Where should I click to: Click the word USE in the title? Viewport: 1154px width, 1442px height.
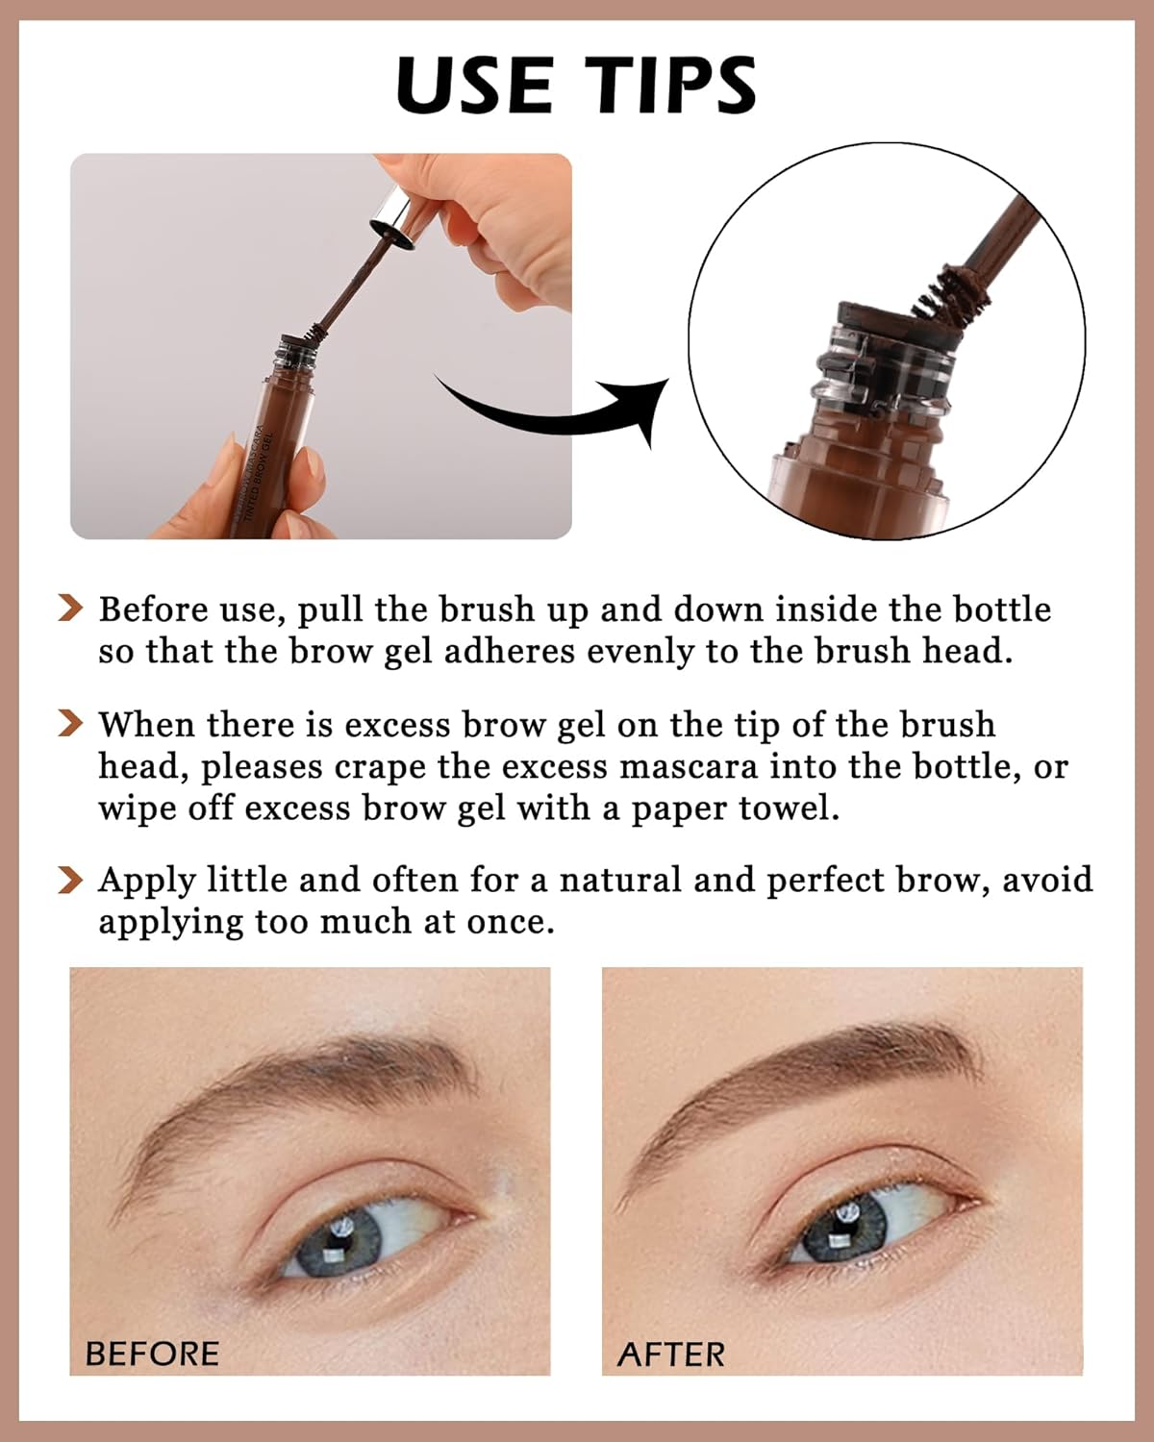tap(474, 85)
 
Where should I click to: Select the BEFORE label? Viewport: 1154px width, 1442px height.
tap(152, 1354)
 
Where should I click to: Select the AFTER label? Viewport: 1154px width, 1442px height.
tap(671, 1354)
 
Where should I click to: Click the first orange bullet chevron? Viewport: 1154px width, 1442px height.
tap(71, 609)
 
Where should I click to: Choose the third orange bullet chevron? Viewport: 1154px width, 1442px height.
tap(71, 879)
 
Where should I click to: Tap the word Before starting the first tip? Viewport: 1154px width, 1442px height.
tap(153, 609)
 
